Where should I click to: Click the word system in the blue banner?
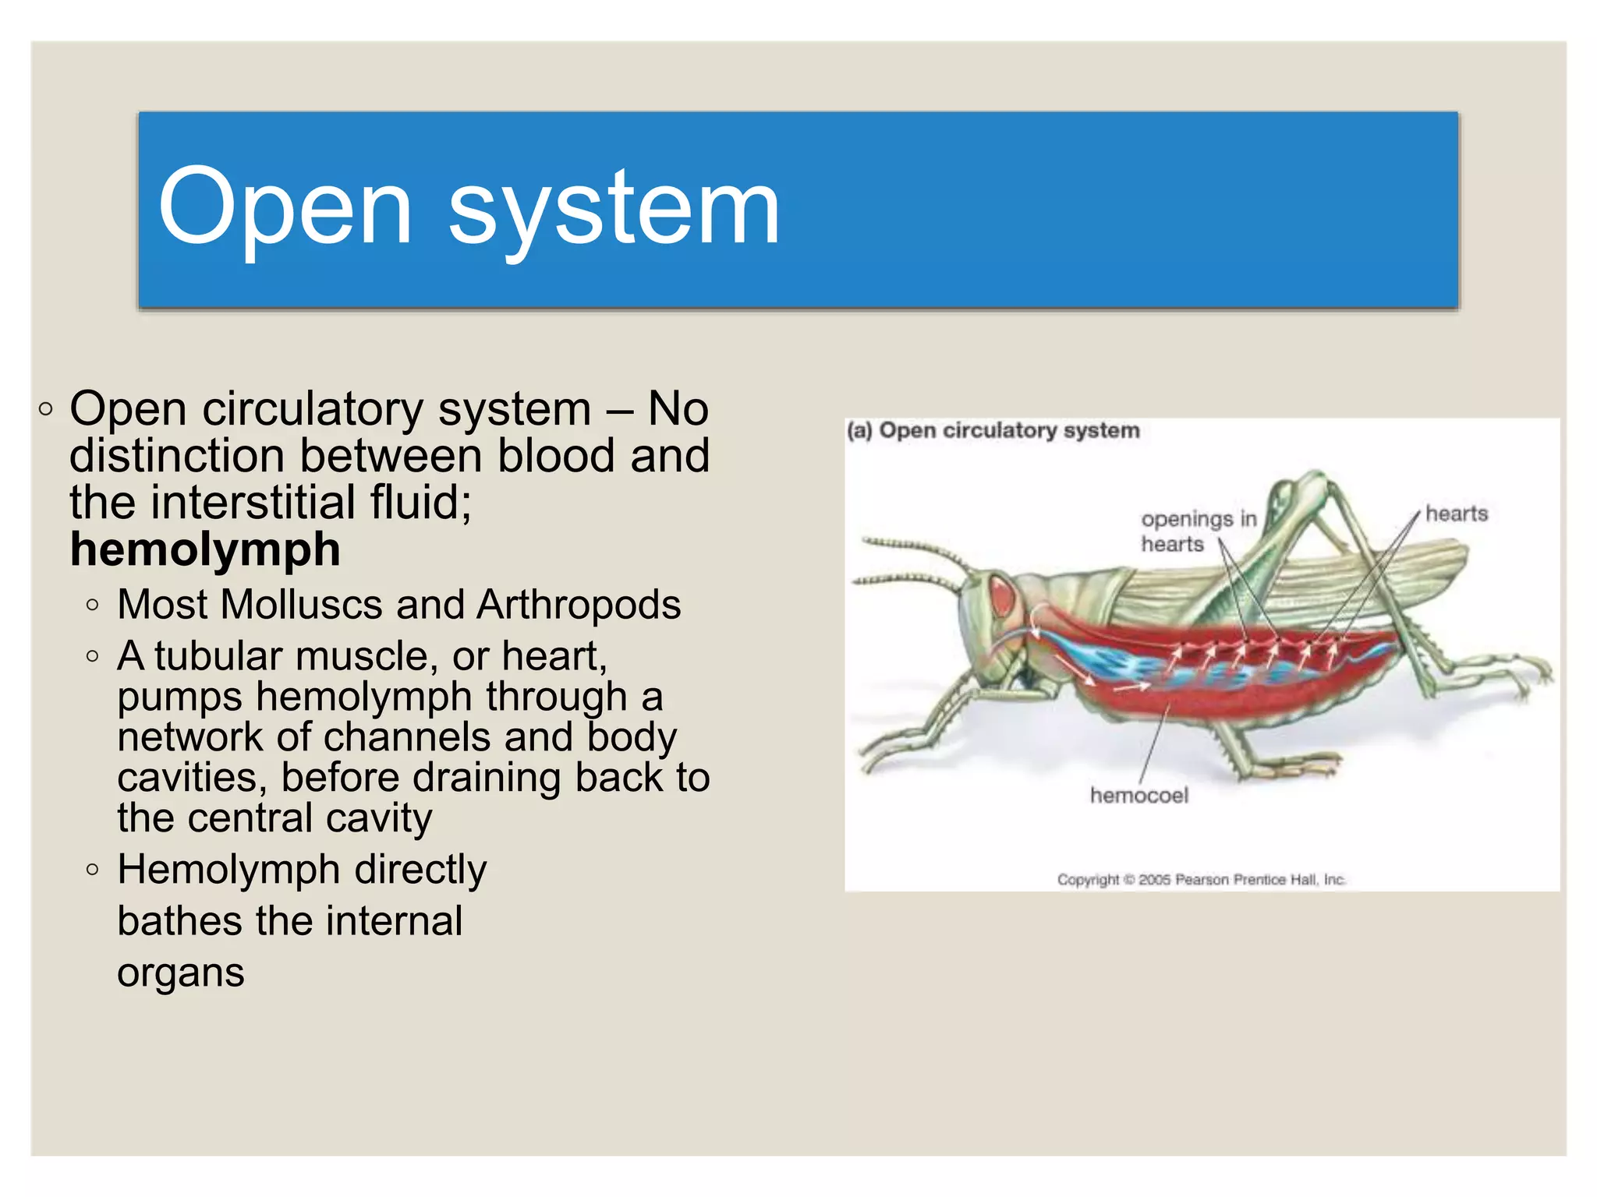(x=614, y=207)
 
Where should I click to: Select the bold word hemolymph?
(x=205, y=549)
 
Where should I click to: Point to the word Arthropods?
(x=579, y=605)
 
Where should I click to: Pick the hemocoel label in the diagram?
(x=1138, y=796)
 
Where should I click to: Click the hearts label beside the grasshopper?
(x=1456, y=514)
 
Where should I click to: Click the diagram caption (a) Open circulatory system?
(x=993, y=431)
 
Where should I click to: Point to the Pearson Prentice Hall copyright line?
(x=1201, y=880)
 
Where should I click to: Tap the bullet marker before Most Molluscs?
(x=93, y=605)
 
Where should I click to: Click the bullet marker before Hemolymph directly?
(x=93, y=870)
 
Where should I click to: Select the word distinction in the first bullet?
(x=177, y=455)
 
